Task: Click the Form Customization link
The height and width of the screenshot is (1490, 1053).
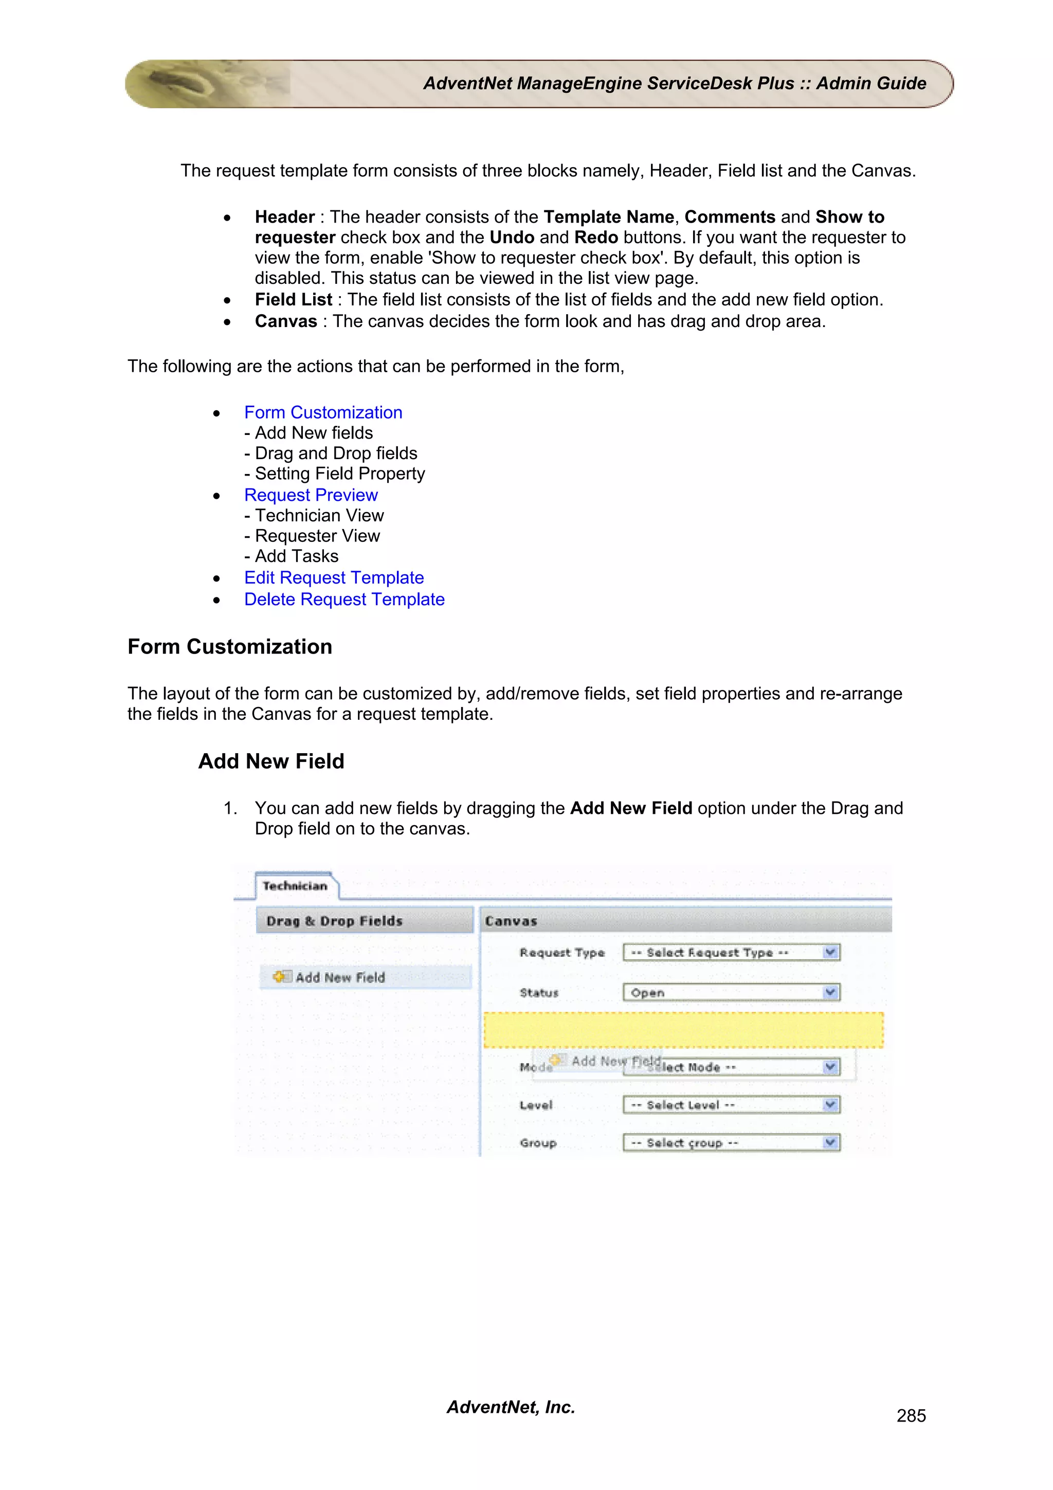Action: [323, 413]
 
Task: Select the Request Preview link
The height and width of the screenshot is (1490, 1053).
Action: [311, 495]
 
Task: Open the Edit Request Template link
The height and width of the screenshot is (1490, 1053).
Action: [334, 577]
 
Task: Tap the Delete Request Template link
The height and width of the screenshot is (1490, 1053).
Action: [344, 599]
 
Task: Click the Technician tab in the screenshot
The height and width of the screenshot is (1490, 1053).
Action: [295, 886]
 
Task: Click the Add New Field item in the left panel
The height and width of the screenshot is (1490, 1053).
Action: [339, 977]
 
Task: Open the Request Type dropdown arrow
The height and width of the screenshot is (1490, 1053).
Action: [830, 953]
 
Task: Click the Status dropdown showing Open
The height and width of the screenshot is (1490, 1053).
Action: [731, 993]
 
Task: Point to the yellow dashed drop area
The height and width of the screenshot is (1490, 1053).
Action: [683, 1030]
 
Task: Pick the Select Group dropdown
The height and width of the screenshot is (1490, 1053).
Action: [731, 1143]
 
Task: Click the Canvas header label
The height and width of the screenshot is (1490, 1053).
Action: [511, 921]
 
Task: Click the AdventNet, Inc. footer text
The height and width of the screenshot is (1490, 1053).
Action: [511, 1407]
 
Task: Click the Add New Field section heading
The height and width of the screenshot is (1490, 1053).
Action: [271, 761]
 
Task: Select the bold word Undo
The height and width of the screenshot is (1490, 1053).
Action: [512, 238]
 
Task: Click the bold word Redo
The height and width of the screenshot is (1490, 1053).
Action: [595, 238]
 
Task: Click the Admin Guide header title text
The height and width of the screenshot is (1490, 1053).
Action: [674, 84]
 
